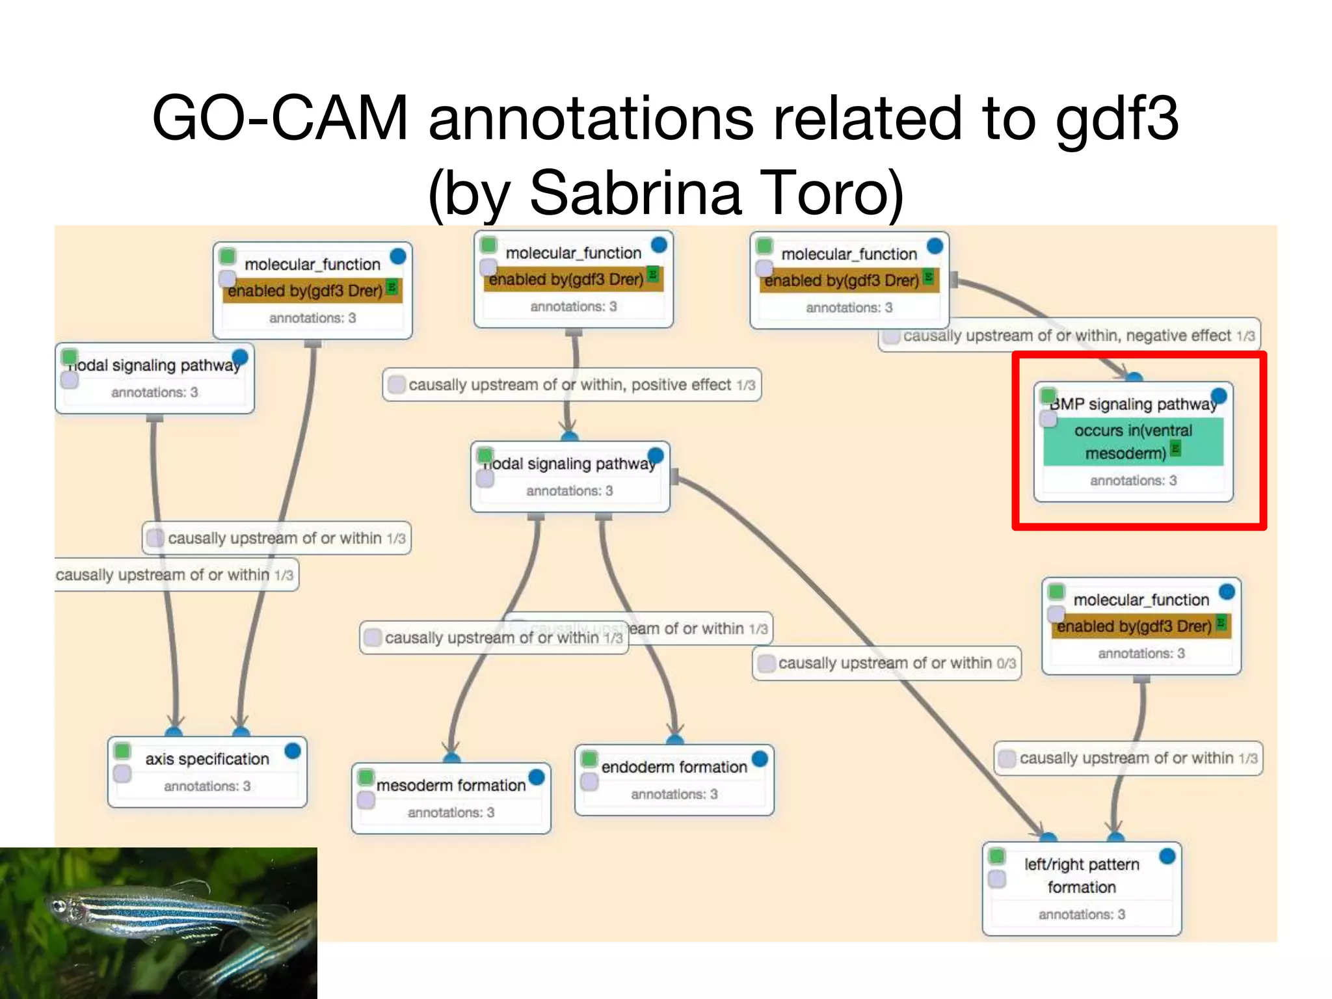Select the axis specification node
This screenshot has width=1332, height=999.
pyautogui.click(x=207, y=759)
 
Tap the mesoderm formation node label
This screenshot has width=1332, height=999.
pyautogui.click(x=451, y=785)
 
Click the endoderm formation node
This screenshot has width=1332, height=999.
pyautogui.click(x=674, y=767)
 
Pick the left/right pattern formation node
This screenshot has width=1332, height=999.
pyautogui.click(x=1081, y=875)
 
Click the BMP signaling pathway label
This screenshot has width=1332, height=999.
pyautogui.click(x=1133, y=404)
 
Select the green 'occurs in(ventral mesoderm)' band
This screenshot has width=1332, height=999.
pyautogui.click(x=1133, y=442)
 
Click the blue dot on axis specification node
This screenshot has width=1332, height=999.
pyautogui.click(x=293, y=751)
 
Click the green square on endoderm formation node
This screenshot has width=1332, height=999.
pyautogui.click(x=589, y=758)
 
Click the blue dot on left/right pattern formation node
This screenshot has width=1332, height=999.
pyautogui.click(x=1167, y=856)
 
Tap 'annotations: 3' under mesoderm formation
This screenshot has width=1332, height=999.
pyautogui.click(x=451, y=812)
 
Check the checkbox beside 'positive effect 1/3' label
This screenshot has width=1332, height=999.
pyautogui.click(x=395, y=385)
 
